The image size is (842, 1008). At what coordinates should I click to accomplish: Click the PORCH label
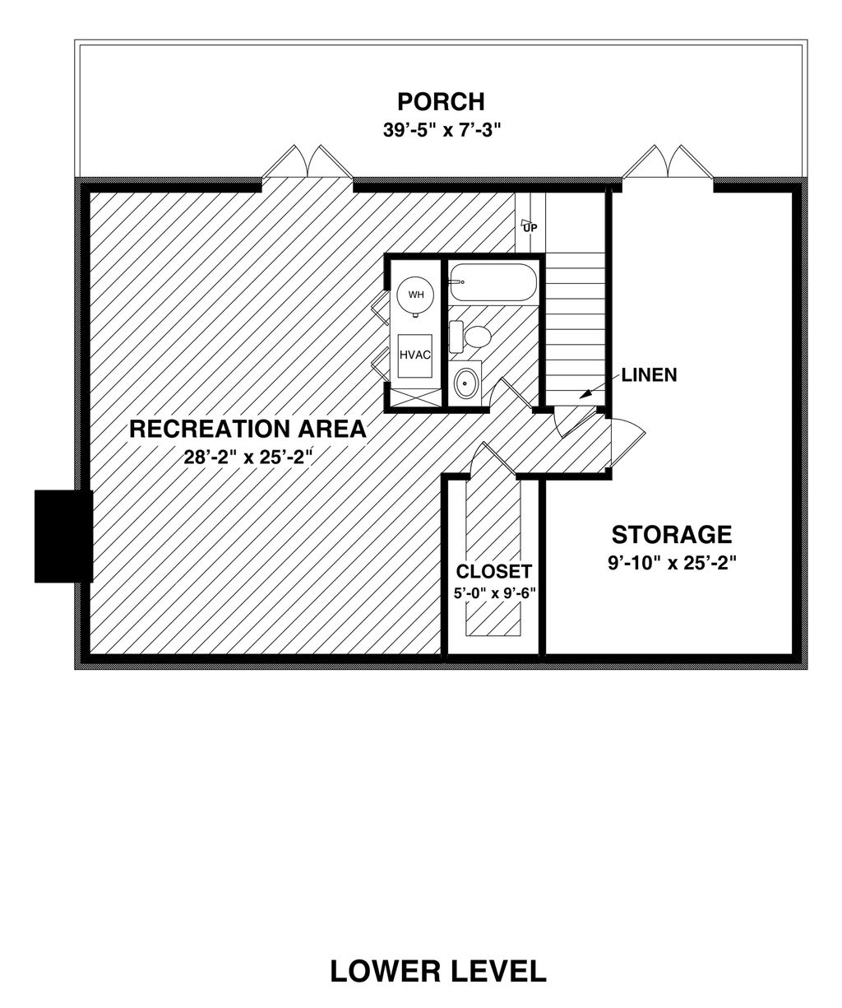pyautogui.click(x=441, y=101)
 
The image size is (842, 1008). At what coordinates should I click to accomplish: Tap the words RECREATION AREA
pyautogui.click(x=247, y=428)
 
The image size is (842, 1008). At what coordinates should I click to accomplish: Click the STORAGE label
pyautogui.click(x=671, y=534)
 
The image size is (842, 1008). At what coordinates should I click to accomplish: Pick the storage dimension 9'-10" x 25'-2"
pyautogui.click(x=671, y=564)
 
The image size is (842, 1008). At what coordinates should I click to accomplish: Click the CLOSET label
pyautogui.click(x=493, y=571)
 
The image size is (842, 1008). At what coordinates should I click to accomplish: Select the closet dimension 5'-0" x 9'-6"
pyautogui.click(x=493, y=592)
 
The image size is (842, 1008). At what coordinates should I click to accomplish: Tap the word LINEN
pyautogui.click(x=649, y=375)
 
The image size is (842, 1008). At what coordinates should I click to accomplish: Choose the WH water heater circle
pyautogui.click(x=416, y=294)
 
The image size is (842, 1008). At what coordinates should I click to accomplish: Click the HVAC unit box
pyautogui.click(x=415, y=355)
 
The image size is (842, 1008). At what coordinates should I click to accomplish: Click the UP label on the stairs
pyautogui.click(x=530, y=226)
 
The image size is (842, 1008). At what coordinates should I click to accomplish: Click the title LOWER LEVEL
pyautogui.click(x=438, y=971)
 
